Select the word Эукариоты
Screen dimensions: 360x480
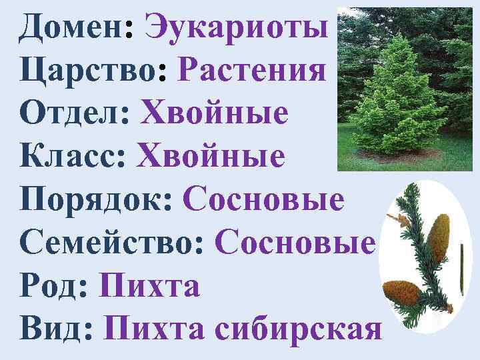point(237,28)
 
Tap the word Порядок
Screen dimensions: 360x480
point(96,200)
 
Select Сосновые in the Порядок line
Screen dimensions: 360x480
point(263,200)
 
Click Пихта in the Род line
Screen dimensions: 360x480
point(149,287)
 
